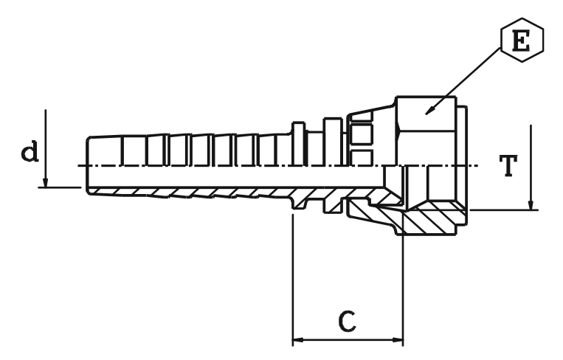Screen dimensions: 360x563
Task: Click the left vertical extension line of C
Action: (293, 280)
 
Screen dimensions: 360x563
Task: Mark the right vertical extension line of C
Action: (404, 288)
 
